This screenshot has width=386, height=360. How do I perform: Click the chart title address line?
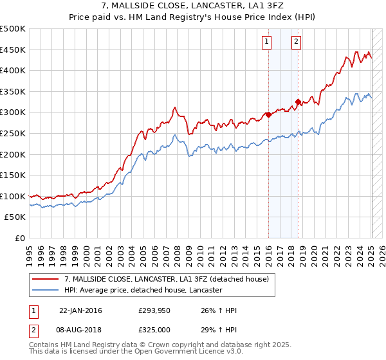pyautogui.click(x=192, y=6)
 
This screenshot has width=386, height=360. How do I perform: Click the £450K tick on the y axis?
pyautogui.click(x=13, y=50)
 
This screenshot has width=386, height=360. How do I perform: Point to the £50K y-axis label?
pyautogui.click(x=15, y=217)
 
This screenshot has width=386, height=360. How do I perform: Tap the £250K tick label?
pyautogui.click(x=13, y=133)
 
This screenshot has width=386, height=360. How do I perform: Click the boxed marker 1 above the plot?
pyautogui.click(x=266, y=42)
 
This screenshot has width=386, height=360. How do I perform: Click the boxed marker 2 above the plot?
pyautogui.click(x=296, y=42)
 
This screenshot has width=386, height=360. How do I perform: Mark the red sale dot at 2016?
pyautogui.click(x=268, y=115)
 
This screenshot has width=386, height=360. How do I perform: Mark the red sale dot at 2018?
pyautogui.click(x=298, y=102)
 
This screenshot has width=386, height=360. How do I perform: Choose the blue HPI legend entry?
pyautogui.click(x=143, y=290)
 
